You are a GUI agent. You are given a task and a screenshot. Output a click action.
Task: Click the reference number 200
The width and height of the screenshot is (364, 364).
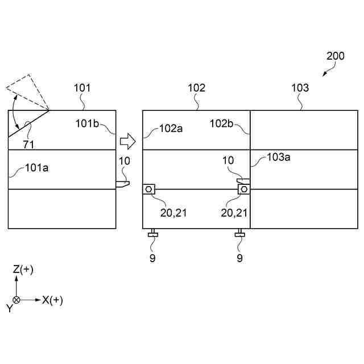[336, 56]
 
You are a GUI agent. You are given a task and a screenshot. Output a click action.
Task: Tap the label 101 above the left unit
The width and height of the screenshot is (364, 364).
[82, 88]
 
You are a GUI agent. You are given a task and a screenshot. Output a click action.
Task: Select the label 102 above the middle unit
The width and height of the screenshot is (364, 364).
[197, 88]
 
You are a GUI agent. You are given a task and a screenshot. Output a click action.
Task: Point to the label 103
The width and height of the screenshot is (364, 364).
[300, 88]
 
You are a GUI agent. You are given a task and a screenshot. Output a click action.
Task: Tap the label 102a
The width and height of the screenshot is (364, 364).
[171, 128]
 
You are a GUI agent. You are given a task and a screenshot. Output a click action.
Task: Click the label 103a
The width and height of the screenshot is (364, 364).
[279, 158]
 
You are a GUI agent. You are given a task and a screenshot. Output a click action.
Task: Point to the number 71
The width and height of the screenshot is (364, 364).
[28, 144]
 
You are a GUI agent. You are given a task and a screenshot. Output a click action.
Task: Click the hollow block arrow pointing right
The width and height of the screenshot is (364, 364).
[129, 139]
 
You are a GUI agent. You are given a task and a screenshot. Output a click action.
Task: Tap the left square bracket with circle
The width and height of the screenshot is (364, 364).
[149, 189]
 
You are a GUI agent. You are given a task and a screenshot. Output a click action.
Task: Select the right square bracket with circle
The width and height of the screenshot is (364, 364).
[244, 188]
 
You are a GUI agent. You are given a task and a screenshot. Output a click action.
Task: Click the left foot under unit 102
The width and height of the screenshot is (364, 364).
[152, 234]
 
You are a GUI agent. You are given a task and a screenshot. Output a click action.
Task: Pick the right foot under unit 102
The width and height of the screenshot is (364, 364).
[239, 234]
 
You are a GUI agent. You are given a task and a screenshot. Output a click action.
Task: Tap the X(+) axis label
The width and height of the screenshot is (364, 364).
[52, 300]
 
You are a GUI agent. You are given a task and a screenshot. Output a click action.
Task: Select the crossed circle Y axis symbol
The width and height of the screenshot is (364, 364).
[16, 300]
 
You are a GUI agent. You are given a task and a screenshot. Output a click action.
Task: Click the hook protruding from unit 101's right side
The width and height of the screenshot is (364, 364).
[123, 183]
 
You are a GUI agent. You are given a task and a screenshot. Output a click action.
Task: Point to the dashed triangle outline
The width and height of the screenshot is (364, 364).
[26, 91]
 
